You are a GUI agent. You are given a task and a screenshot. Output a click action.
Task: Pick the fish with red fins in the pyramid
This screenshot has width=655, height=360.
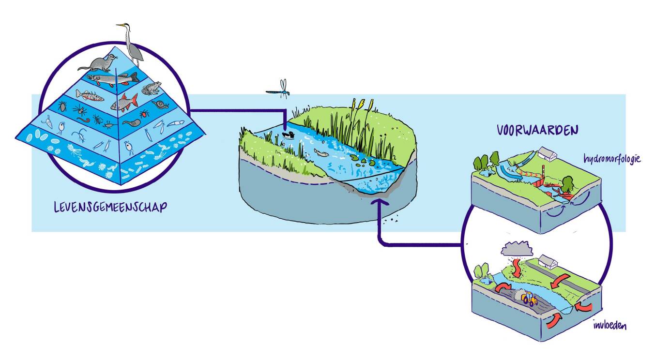(124, 103)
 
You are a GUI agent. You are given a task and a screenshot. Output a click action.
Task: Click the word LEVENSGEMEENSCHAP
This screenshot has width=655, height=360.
(111, 208)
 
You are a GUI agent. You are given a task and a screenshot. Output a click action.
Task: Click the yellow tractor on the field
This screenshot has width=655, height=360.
(530, 300)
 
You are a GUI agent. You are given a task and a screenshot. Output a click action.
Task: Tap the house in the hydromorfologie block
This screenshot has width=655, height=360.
(547, 154)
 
